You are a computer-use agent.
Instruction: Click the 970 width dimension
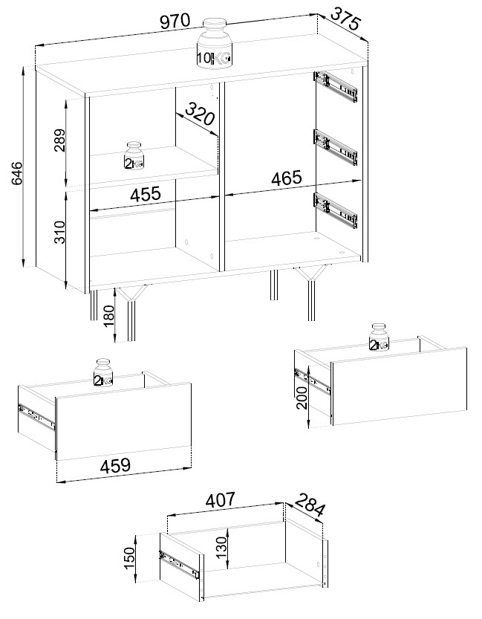point(175,22)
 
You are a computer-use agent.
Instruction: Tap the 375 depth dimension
point(345,19)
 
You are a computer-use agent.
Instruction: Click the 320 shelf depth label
point(200,113)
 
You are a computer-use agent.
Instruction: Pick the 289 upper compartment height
point(60,140)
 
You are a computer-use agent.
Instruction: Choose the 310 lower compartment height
point(59,232)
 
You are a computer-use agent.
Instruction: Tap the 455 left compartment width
point(146,194)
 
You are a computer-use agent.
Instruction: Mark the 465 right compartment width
point(287,178)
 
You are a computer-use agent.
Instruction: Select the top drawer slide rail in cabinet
point(336,86)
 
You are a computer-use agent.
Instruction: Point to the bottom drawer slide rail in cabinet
point(336,210)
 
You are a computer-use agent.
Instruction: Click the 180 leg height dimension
point(108,315)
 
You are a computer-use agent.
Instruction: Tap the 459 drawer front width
point(115,465)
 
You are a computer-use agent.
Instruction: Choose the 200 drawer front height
point(302,398)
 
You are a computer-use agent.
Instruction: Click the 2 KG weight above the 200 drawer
point(380,337)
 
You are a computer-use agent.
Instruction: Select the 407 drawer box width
point(221,499)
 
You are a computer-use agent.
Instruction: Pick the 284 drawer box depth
point(310,505)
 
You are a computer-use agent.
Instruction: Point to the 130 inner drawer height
point(223,546)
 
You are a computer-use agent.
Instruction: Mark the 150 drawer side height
point(130,557)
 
